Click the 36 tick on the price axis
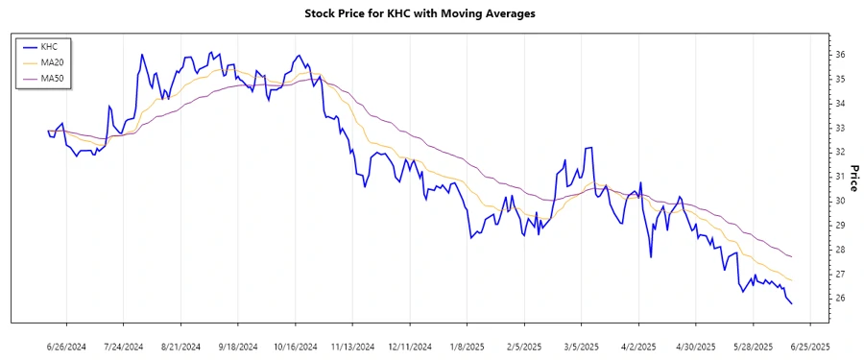click(x=839, y=55)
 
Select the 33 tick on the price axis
click(x=839, y=128)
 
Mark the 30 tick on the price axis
click(x=839, y=201)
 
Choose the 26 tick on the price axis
click(x=839, y=299)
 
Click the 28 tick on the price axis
click(x=839, y=250)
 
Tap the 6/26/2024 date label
click(x=67, y=346)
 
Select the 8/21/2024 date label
click(x=180, y=346)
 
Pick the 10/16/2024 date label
click(x=294, y=346)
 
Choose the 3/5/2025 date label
click(x=581, y=346)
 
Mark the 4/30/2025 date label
click(x=694, y=346)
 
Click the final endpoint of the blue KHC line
click(x=791, y=304)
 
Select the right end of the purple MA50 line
click(x=791, y=257)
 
